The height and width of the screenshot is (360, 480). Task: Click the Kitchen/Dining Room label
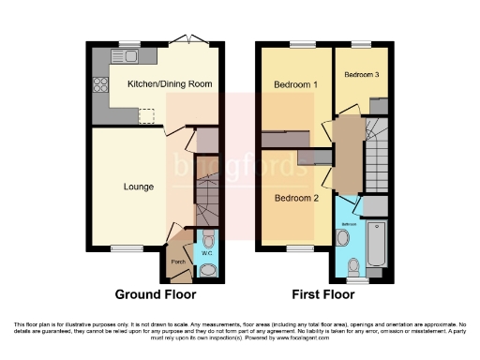coord(170,83)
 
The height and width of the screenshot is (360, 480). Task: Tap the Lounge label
coord(139,187)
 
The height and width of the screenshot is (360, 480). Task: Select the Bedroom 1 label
coord(295,84)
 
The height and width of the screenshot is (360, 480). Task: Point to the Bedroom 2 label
coord(296,198)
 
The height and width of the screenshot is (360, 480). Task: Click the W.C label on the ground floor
coord(207,253)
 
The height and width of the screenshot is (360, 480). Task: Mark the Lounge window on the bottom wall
coord(123,248)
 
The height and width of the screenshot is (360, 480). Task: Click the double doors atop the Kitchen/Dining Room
coord(194,41)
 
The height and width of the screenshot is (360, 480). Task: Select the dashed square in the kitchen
coord(145,115)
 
